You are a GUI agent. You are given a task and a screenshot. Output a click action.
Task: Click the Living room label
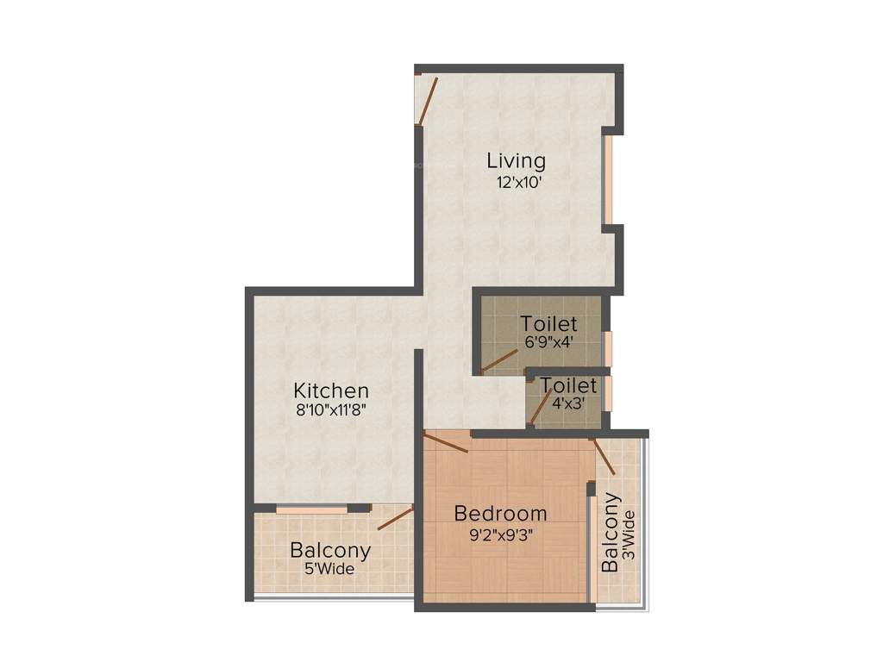tap(516, 160)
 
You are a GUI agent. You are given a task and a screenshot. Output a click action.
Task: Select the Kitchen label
tap(331, 390)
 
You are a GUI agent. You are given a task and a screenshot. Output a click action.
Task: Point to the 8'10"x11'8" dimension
tap(331, 411)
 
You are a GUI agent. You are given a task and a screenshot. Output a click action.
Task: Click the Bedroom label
tap(500, 514)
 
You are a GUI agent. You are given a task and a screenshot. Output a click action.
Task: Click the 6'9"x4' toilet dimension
tap(548, 341)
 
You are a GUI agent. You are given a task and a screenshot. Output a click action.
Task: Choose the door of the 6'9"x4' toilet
tap(498, 363)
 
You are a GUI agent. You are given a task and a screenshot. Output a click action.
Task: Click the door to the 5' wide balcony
tap(395, 517)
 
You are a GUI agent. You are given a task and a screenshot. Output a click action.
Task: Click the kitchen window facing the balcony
tap(311, 509)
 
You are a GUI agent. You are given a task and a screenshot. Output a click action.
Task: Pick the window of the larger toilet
tap(608, 348)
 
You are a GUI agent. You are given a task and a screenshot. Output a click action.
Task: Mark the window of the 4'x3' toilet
tap(608, 393)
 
